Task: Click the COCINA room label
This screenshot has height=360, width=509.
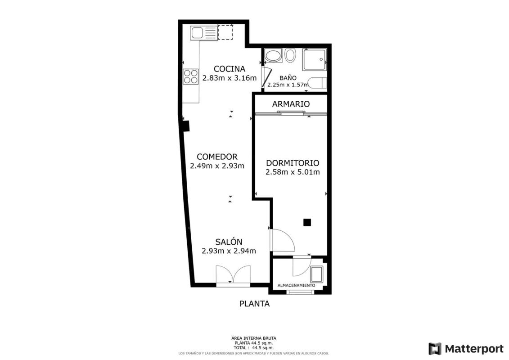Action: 229,69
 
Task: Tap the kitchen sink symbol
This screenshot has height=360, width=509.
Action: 203,33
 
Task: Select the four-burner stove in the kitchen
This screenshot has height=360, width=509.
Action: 190,76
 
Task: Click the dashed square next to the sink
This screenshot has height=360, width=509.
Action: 225,32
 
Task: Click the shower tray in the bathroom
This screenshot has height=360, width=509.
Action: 314,59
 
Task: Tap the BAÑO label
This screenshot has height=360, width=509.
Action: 288,78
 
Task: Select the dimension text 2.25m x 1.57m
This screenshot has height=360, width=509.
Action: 288,85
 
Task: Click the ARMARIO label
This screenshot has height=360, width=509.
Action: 291,104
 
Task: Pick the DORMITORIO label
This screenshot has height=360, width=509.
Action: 293,163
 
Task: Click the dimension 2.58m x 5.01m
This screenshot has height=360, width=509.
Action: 293,172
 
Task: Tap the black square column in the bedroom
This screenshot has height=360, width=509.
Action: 307,222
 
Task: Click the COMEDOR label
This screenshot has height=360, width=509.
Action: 217,157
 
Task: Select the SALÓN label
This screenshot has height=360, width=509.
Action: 229,242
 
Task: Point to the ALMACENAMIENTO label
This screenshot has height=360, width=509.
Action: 296,285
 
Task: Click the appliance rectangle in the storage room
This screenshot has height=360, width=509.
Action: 316,274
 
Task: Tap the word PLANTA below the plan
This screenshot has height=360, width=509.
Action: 255,304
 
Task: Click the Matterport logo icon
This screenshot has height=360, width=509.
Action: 435,349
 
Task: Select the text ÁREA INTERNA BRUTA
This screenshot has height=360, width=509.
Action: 254,338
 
